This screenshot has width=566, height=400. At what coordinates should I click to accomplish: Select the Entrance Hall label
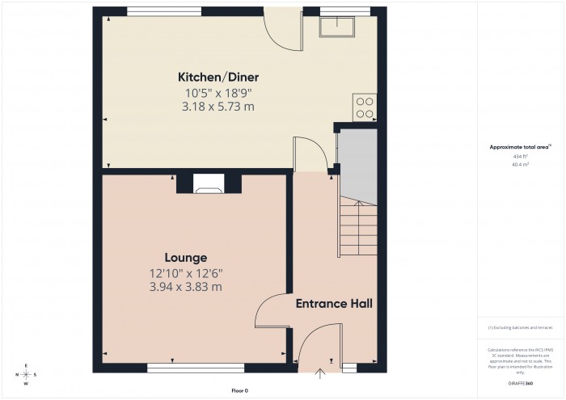coord(334,304)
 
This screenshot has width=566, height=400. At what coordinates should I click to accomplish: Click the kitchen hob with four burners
coord(364,107)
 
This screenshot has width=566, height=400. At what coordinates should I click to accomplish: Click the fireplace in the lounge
coord(209,187)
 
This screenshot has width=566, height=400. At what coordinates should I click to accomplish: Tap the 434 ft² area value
coord(520,155)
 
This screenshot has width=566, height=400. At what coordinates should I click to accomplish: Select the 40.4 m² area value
coord(520,164)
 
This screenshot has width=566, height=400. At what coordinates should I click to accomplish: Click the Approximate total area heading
coord(519,146)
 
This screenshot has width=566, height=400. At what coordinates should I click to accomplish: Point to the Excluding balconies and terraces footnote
coord(519,327)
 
